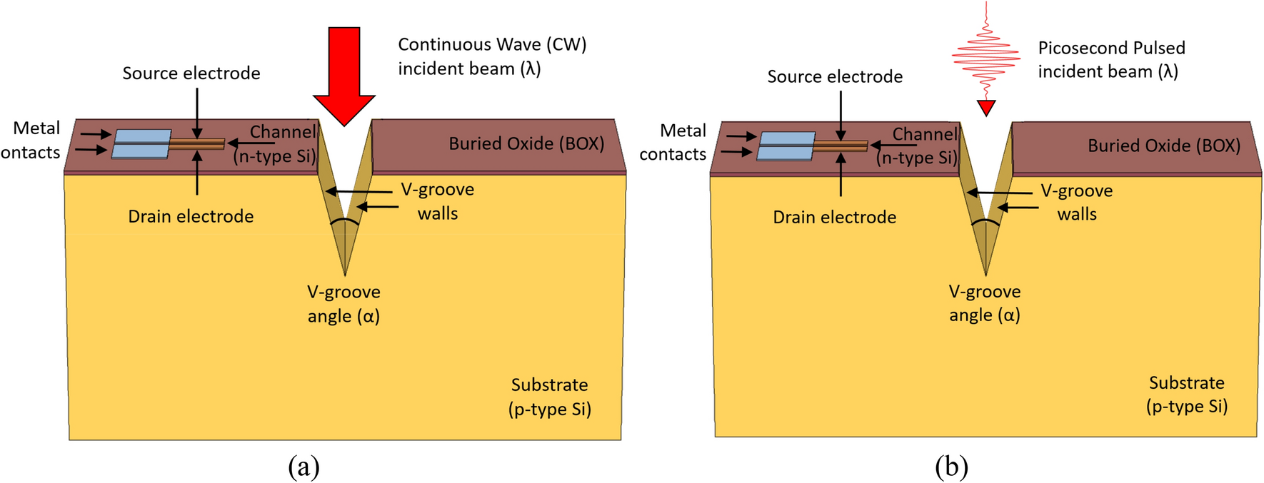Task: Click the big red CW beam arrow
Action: click(x=344, y=71)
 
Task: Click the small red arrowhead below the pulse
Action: click(x=986, y=108)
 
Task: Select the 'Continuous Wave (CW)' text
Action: click(x=492, y=44)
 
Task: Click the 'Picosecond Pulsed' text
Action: click(x=1111, y=48)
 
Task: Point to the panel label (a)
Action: click(x=304, y=467)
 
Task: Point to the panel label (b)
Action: click(x=951, y=467)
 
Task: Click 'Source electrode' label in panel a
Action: click(x=191, y=73)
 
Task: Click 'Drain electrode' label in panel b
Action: click(x=834, y=218)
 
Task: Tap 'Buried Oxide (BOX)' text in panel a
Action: click(x=526, y=143)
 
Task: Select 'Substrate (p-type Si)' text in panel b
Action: click(x=1186, y=395)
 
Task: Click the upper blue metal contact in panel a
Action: click(x=143, y=136)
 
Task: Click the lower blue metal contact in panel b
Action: click(x=784, y=153)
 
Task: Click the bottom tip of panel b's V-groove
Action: click(x=986, y=274)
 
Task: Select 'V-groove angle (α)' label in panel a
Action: click(x=343, y=304)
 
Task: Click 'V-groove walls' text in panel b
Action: click(x=1076, y=202)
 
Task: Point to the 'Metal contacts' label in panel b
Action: click(x=673, y=142)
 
